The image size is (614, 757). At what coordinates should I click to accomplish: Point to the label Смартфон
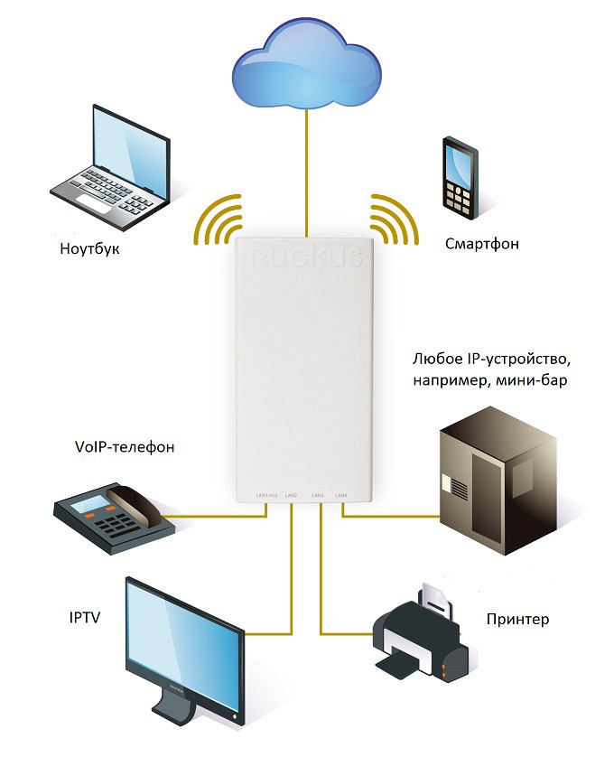482,244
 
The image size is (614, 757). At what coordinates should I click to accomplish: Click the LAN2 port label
291,495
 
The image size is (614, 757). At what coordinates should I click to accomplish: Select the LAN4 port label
340,495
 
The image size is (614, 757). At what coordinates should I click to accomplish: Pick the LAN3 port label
317,495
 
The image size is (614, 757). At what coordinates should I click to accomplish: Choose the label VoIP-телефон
124,446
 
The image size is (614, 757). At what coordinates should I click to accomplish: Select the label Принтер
517,619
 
